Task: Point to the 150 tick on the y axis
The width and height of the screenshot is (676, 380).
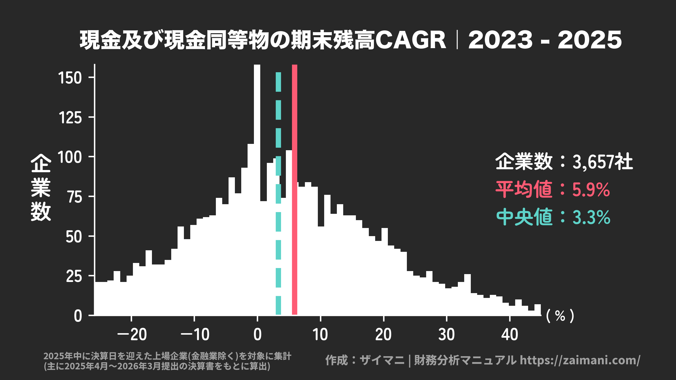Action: (x=70, y=78)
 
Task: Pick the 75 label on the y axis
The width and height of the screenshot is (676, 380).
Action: (x=75, y=197)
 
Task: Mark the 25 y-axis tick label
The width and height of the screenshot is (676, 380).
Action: (x=74, y=276)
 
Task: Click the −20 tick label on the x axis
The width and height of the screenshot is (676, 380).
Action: (x=132, y=335)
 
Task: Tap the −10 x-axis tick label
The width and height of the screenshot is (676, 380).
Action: (x=195, y=335)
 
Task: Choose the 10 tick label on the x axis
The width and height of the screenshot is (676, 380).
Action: (x=320, y=335)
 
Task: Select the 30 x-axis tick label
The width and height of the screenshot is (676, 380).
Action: (x=446, y=335)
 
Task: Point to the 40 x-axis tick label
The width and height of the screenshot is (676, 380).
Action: (x=509, y=335)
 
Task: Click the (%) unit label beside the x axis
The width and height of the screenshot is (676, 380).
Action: (x=560, y=316)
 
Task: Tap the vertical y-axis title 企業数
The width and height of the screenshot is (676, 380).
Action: (x=41, y=187)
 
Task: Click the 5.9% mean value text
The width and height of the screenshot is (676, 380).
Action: (x=591, y=189)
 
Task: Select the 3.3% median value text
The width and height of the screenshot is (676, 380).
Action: (x=591, y=217)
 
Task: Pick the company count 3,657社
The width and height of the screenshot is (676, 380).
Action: (x=602, y=162)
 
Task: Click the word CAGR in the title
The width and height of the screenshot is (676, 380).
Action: (x=411, y=40)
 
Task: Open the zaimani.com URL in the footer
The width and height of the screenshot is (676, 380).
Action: (x=580, y=360)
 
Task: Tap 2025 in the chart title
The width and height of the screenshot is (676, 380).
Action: (x=590, y=40)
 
